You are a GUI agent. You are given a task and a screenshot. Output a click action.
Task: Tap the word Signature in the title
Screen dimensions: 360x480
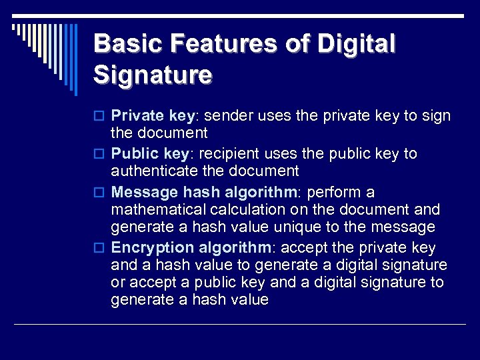click(153, 74)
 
